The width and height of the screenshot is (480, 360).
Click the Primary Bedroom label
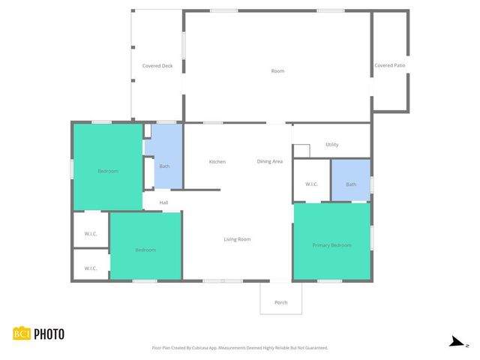pos(331,245)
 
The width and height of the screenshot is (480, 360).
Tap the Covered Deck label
pos(157,66)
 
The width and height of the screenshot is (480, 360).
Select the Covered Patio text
pos(390,66)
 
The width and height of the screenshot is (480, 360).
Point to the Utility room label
pos(332,145)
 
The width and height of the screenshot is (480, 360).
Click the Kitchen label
pos(217,161)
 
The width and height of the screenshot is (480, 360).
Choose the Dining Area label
pos(269,161)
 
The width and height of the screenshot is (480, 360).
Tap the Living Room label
pos(237,239)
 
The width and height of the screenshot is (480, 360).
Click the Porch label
pos(280,302)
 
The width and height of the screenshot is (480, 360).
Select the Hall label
pos(163,202)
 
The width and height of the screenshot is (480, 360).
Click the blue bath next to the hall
pos(164,166)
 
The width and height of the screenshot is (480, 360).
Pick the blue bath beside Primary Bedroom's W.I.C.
pos(351,184)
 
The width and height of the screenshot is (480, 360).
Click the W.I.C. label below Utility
pos(312,184)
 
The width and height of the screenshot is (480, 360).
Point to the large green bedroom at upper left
pos(108,171)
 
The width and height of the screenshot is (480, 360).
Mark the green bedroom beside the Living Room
pos(145,249)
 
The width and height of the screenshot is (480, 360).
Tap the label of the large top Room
pos(277,71)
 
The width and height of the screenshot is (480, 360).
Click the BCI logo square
pos(21,334)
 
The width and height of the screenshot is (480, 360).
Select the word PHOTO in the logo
pos(49,334)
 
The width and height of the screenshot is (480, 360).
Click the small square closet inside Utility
pos(301,151)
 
